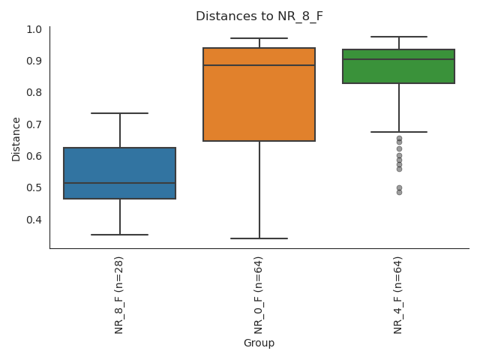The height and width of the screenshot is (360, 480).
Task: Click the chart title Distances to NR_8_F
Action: pyautogui.click(x=259, y=16)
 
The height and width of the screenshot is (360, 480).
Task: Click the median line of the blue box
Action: pyautogui.click(x=120, y=183)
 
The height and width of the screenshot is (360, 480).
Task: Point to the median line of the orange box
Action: pyautogui.click(x=259, y=65)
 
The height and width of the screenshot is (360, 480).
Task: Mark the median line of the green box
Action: pyautogui.click(x=398, y=59)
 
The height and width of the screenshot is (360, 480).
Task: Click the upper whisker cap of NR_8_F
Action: pyautogui.click(x=120, y=113)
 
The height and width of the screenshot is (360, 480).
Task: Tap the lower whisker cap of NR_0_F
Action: pyautogui.click(x=259, y=238)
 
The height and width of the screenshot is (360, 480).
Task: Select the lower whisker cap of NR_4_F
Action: pyautogui.click(x=398, y=132)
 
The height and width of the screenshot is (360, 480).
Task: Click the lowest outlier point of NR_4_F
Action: pyautogui.click(x=399, y=192)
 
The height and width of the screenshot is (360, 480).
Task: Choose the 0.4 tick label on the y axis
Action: pyautogui.click(x=34, y=220)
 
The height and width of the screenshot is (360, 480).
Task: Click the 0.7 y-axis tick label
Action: pyautogui.click(x=34, y=124)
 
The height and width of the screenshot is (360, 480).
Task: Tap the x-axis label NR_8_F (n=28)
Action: pyautogui.click(x=119, y=295)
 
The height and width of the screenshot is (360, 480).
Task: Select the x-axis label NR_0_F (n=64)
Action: pyautogui.click(x=259, y=295)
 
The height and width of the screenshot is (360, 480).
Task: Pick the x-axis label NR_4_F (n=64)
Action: pyautogui.click(x=398, y=295)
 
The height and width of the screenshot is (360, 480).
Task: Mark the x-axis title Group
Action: pyautogui.click(x=259, y=343)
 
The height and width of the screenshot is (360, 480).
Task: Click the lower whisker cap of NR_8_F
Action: pyautogui.click(x=120, y=235)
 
